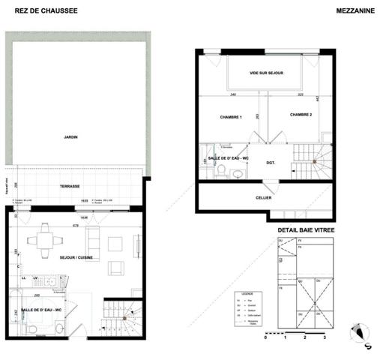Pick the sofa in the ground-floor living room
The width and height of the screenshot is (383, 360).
click(x=92, y=241)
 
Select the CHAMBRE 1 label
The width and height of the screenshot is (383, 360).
click(x=231, y=118)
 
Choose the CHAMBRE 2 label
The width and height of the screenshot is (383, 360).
click(x=301, y=115)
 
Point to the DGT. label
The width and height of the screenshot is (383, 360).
click(x=271, y=162)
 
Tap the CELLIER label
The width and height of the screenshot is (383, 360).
click(x=263, y=198)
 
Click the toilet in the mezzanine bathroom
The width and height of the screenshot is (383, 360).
click(x=238, y=173)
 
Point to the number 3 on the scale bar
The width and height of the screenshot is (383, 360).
click(x=323, y=339)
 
